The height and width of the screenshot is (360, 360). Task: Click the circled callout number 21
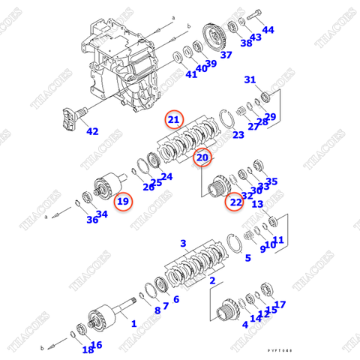(x=173, y=119)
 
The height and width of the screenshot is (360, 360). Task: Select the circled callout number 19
(x=123, y=201)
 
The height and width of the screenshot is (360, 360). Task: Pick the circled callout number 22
(x=236, y=202)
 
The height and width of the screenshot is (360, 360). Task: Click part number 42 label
(x=91, y=131)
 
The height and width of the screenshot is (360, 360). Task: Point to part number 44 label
(x=268, y=30)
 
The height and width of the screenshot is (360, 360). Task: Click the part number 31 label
(x=250, y=80)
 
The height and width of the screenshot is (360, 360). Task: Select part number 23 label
(x=238, y=135)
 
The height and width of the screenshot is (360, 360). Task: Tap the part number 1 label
(x=133, y=324)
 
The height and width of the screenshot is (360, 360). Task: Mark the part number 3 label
(x=183, y=244)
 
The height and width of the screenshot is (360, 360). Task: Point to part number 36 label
(x=91, y=219)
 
